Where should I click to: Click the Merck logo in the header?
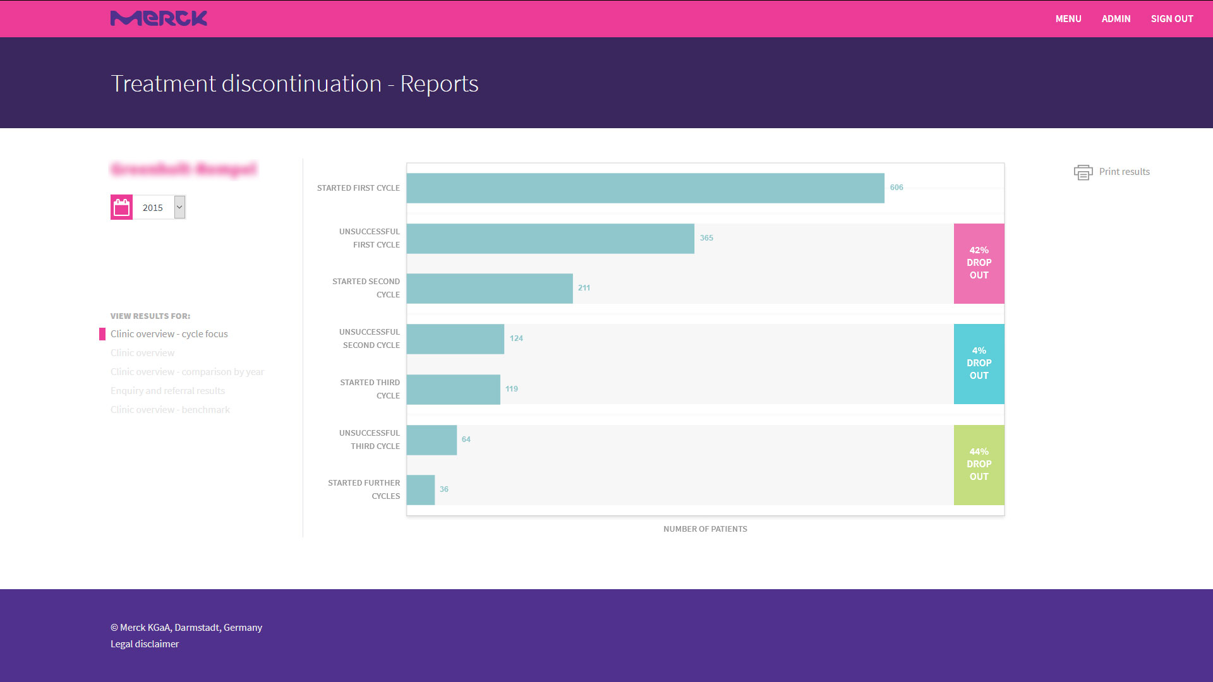pos(159,18)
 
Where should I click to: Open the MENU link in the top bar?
pos(1068,19)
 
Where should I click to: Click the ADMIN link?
pos(1116,19)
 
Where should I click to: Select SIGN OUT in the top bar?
pos(1172,19)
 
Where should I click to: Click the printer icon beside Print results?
pos(1083,172)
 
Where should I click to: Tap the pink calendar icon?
pos(121,207)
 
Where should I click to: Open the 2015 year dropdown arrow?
pos(179,207)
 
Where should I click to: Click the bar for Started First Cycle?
pos(645,188)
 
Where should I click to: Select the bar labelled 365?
pos(550,239)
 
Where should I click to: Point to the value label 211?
pos(584,288)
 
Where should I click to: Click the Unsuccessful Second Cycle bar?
pos(455,339)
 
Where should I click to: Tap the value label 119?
pos(512,389)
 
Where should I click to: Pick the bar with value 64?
pos(431,440)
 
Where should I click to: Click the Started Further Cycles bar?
pos(421,490)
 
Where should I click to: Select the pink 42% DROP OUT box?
pos(979,263)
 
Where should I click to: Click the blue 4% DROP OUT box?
pos(979,364)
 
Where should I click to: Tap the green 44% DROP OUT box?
pos(979,465)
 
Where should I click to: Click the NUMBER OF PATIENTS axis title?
pos(705,529)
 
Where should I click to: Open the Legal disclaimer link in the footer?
pos(145,644)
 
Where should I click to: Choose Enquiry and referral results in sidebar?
pos(167,391)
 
